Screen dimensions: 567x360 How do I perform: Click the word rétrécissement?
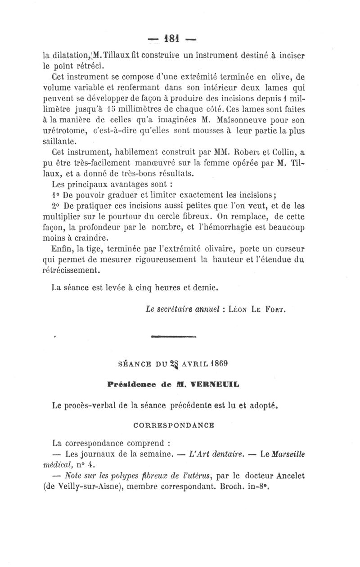[76, 270]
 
